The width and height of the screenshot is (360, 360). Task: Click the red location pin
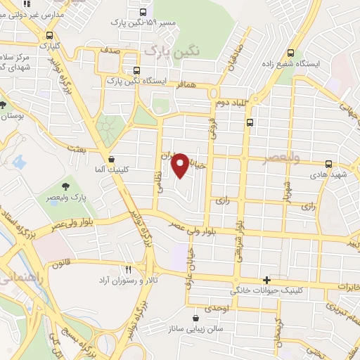point(181,165)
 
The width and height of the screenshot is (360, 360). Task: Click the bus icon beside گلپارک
point(49,36)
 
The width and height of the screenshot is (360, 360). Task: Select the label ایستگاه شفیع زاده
point(319,63)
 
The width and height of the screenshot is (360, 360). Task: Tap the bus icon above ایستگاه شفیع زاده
point(291,53)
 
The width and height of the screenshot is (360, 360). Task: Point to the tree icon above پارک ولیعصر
point(65,186)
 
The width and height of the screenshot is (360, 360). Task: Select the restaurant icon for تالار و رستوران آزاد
point(128,269)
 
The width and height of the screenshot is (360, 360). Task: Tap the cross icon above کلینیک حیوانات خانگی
point(266,280)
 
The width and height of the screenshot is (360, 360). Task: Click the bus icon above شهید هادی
point(328,164)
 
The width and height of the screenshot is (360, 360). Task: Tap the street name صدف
point(110,51)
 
